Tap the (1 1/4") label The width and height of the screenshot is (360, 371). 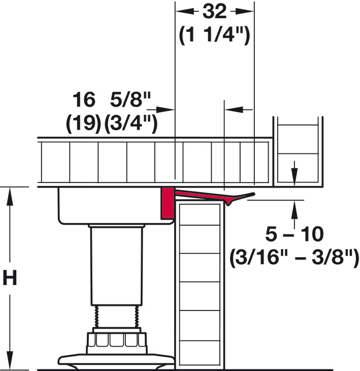215,36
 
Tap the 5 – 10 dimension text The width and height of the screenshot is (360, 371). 294,235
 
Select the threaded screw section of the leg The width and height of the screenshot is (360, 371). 116,317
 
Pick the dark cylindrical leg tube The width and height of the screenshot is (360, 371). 115,264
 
